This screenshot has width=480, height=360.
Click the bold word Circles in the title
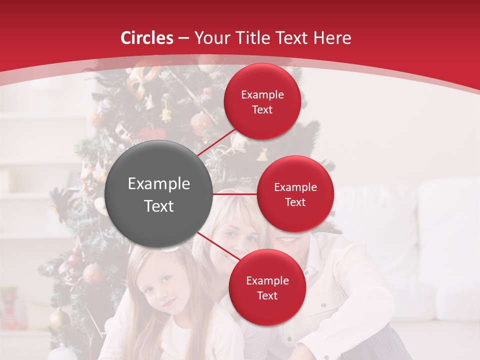(146, 38)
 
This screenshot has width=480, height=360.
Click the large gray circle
(159, 194)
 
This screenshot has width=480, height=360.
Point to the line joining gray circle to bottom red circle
(219, 246)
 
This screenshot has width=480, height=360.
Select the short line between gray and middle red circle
(235, 194)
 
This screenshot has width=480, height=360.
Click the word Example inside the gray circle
(159, 184)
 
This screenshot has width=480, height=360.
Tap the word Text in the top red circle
(262, 109)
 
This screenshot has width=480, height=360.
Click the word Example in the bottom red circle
(267, 280)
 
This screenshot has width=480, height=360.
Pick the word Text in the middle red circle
(295, 202)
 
